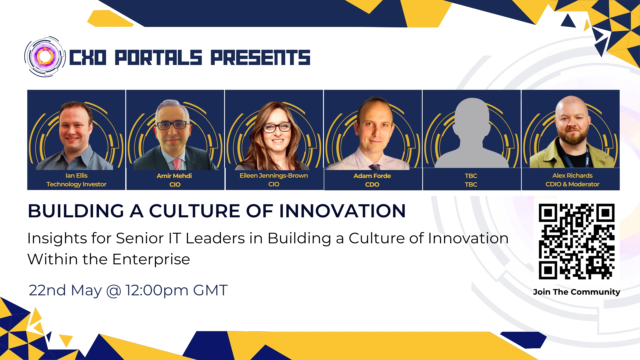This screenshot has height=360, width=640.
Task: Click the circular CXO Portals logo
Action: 45,57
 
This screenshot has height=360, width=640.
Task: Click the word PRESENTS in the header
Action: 260,57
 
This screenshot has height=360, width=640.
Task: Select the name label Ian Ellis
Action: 76,176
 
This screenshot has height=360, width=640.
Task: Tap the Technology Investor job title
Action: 76,184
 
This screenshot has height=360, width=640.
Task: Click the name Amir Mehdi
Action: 174,176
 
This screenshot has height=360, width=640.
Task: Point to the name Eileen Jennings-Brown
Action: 274,176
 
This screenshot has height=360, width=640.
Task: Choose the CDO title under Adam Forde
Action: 372,184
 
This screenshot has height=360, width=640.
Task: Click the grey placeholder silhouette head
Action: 472,115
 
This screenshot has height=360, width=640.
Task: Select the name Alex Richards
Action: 572,176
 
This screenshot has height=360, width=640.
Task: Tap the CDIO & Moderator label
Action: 572,184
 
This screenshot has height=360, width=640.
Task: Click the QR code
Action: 577,241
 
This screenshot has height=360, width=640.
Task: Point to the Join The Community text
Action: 576,292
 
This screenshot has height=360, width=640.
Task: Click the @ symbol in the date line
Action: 114,291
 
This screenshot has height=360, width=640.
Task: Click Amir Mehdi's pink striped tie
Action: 177,164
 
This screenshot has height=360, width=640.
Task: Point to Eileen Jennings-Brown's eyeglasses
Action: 277,127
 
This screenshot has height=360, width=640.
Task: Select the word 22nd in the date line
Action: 47,290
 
